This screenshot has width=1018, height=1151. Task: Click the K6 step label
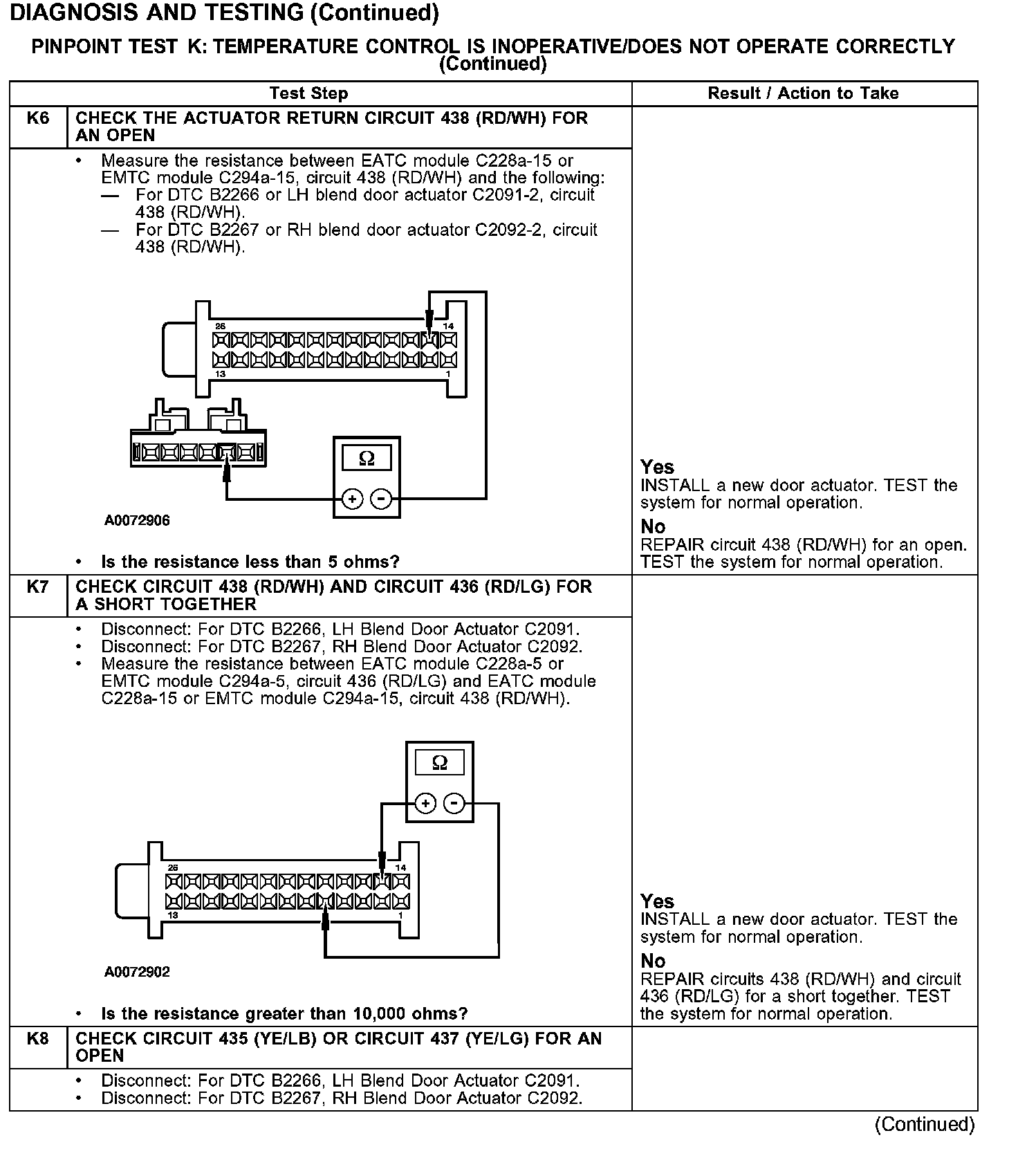point(38,118)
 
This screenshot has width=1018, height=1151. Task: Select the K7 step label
point(38,587)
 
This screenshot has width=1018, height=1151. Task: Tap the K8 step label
point(38,1038)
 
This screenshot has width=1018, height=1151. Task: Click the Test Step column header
point(308,93)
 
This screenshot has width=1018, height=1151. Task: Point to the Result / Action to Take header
point(803,93)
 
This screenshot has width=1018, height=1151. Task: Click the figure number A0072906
point(137,520)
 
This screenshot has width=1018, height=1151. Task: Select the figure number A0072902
point(137,972)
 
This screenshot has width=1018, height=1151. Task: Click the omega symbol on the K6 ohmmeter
point(367,458)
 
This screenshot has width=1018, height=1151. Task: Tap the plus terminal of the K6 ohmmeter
point(352,499)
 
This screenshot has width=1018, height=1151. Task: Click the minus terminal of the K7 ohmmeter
point(454,803)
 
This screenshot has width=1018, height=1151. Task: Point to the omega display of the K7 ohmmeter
point(439,763)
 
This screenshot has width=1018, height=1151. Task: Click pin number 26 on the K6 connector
point(220,326)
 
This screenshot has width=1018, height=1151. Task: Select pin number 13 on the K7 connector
point(172,915)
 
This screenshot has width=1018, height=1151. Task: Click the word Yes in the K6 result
point(657,467)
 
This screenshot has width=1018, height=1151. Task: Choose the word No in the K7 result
point(653,961)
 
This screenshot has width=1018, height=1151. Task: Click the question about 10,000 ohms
point(284,1013)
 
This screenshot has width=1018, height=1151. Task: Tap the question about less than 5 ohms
point(250,562)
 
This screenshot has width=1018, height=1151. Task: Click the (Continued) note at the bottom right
point(924,1125)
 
